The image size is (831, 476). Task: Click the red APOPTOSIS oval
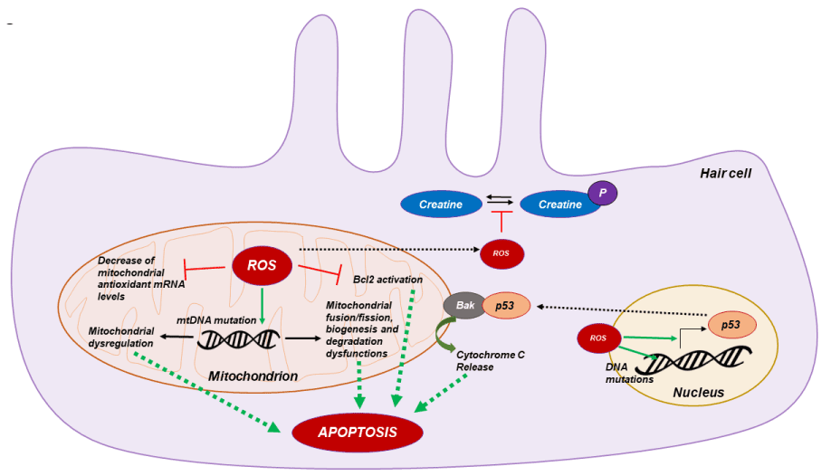358,432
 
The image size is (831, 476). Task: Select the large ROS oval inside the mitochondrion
263,265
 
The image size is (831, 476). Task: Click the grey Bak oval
463,306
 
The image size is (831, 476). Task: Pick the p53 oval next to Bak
507,306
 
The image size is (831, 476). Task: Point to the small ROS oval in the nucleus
598,338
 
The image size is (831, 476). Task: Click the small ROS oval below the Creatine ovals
501,254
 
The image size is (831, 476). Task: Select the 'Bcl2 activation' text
387,280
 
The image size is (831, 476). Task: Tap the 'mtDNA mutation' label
215,319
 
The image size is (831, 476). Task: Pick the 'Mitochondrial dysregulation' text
121,336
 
